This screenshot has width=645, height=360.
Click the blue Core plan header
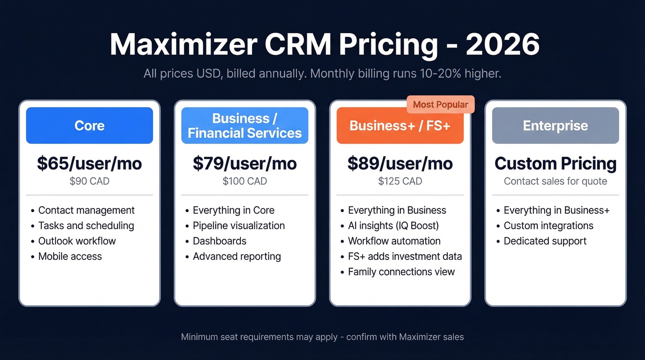coord(89,125)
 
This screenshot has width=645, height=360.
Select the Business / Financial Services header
coord(245,125)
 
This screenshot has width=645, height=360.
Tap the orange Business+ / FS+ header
coord(400,126)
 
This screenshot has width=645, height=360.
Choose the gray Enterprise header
coord(555,125)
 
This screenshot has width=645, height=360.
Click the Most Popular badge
coord(440,105)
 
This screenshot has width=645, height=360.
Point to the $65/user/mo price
coord(89,163)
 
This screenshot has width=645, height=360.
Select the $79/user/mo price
coord(245,163)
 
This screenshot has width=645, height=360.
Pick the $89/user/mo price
coord(400,163)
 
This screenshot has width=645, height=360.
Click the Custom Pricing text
coord(555,163)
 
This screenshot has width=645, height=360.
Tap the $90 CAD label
coord(89,181)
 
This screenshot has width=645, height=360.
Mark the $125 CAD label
coord(400,181)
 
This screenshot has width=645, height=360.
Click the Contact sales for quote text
coord(555,181)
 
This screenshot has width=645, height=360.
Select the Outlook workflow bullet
coord(77,241)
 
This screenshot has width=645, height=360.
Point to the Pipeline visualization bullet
coord(239,225)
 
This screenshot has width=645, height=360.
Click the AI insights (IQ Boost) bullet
coord(393,225)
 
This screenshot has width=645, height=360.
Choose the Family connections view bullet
coord(401,272)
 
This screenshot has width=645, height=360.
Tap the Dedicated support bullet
coord(545,241)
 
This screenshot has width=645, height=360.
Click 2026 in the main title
coord(502,45)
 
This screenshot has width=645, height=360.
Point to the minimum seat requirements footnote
coord(322,337)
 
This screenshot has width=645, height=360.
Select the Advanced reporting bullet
coord(236,256)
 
